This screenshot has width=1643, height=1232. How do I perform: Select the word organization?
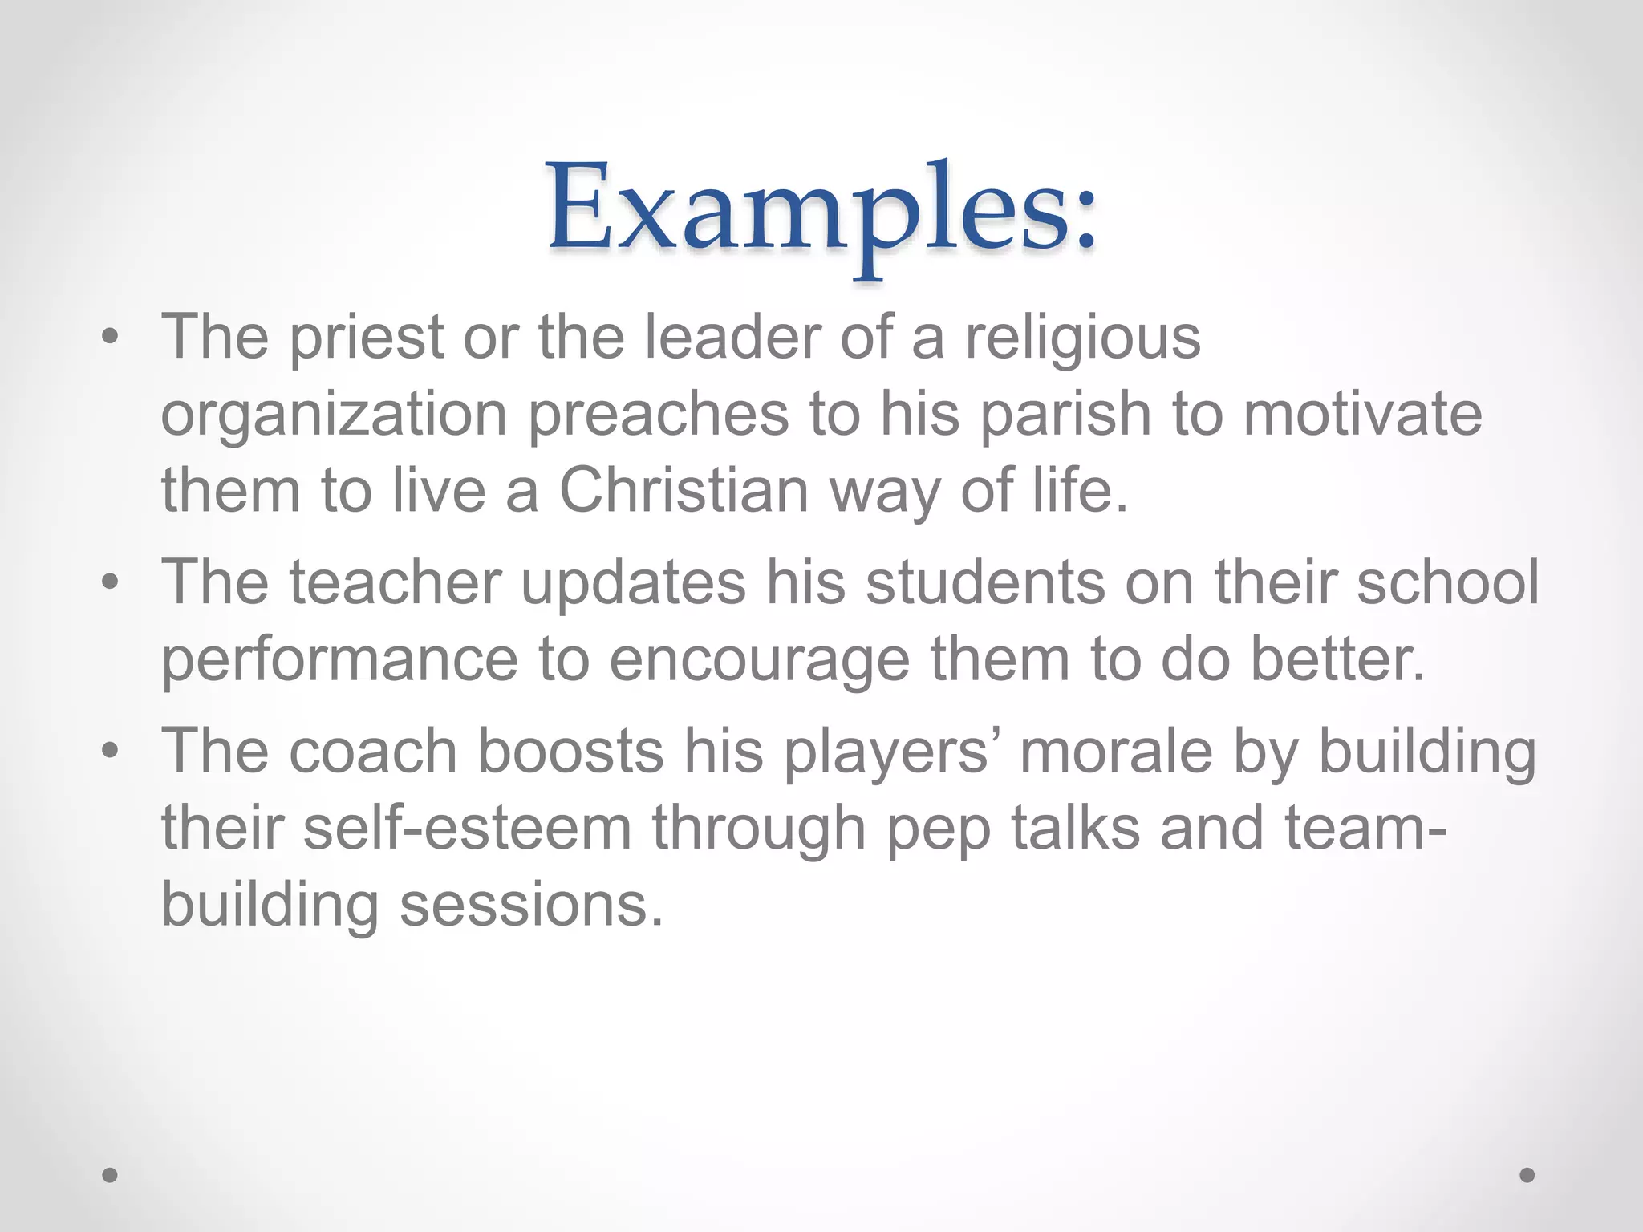pos(334,415)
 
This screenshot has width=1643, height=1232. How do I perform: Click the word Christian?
pos(684,491)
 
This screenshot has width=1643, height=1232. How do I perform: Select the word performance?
pos(340,661)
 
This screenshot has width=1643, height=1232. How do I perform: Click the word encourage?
pos(759,661)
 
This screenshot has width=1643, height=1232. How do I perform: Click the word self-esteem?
pos(467,829)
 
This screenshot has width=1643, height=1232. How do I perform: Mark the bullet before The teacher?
pos(110,582)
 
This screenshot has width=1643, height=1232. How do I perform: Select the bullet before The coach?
pos(110,752)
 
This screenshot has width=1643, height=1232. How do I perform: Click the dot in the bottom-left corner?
pos(110,1175)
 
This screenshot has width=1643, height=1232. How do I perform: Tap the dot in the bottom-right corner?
pos(1527,1175)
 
